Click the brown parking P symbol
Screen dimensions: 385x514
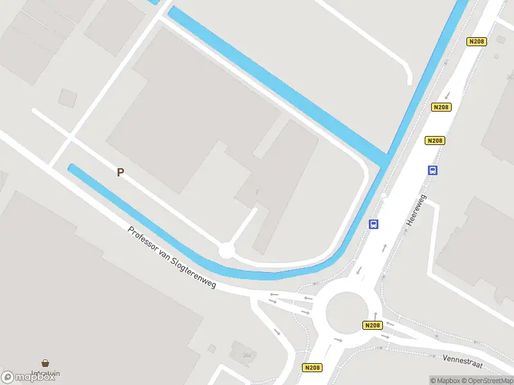[x=120, y=172]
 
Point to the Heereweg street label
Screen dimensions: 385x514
[x=416, y=210]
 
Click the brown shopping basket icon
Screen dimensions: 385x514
[x=46, y=363]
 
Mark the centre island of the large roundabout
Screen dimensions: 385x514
[x=345, y=311]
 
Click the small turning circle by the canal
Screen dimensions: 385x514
[x=226, y=250]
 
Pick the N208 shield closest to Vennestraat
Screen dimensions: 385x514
[x=373, y=325]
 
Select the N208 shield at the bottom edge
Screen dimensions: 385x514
[x=312, y=368]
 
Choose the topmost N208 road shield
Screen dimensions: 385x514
[x=476, y=42]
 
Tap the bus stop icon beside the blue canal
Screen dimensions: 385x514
[x=373, y=224]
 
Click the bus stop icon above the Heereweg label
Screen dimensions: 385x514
[x=433, y=170]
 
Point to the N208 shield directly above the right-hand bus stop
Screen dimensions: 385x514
[x=436, y=141]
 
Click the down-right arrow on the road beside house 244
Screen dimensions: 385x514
[x=277, y=332]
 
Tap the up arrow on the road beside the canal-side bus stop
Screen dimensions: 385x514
[x=384, y=247]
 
